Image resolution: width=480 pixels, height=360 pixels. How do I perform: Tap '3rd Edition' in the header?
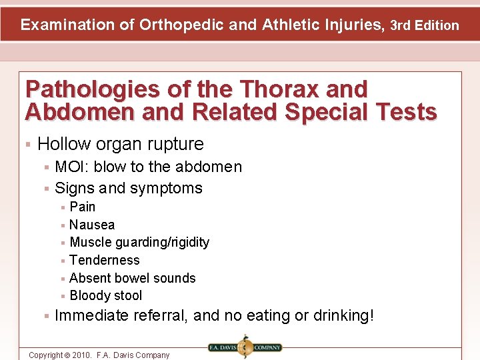point(425,26)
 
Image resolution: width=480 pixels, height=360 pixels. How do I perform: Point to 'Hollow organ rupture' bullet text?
point(121,143)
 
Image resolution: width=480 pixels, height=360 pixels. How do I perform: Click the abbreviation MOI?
point(71,167)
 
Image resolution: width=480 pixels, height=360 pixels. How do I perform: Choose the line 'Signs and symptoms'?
point(128,188)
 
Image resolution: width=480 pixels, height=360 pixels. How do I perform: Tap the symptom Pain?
point(83,207)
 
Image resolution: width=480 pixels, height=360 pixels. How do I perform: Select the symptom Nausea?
point(92,225)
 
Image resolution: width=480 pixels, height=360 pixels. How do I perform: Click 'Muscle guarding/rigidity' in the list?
point(139,242)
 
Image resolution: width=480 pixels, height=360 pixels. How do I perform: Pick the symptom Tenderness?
point(105,260)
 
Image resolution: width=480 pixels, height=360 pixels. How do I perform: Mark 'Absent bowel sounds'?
point(133,278)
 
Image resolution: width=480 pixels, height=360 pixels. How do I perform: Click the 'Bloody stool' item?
point(106,295)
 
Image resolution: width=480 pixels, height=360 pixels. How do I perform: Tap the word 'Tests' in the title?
point(407,112)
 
